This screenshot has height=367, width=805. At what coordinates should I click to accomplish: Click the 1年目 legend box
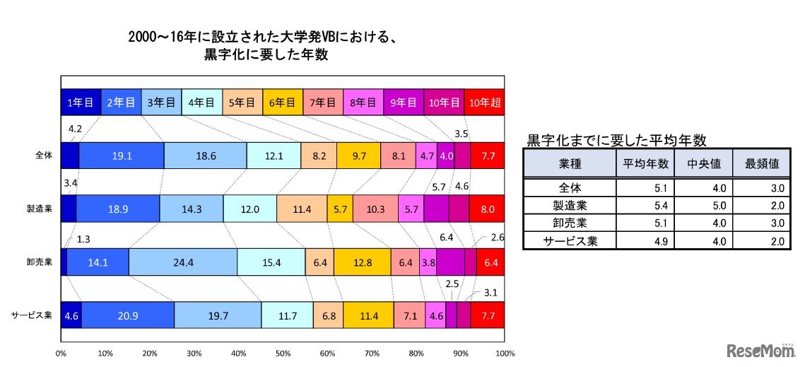(x=81, y=103)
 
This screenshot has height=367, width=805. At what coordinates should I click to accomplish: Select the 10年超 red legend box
(x=485, y=103)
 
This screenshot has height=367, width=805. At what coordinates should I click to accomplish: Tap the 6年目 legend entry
(x=282, y=103)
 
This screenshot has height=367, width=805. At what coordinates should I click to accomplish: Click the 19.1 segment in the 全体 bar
(x=121, y=156)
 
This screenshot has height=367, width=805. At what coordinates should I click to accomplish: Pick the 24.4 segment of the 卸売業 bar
(x=182, y=262)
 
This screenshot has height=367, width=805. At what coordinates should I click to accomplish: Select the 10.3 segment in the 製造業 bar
(x=375, y=209)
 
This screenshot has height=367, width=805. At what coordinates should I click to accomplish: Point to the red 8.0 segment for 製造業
(x=487, y=209)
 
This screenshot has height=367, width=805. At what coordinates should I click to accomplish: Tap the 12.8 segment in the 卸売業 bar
(x=362, y=262)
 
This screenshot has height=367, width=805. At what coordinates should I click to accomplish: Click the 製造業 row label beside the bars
(x=40, y=209)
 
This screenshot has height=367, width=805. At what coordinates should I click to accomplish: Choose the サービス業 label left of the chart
(x=33, y=315)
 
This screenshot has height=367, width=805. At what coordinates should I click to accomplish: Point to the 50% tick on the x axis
(x=283, y=353)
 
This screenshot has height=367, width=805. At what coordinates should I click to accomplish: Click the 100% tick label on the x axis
(x=505, y=353)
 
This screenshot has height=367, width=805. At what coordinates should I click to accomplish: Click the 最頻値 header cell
(x=762, y=163)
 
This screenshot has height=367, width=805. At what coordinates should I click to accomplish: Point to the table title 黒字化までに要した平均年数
(x=616, y=140)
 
